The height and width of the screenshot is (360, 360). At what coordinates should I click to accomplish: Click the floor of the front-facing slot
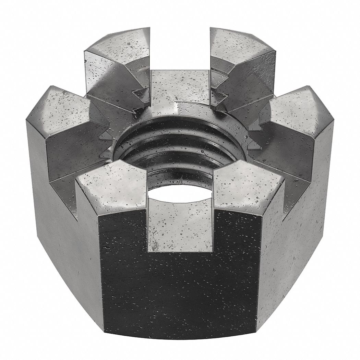(x=180, y=223)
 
